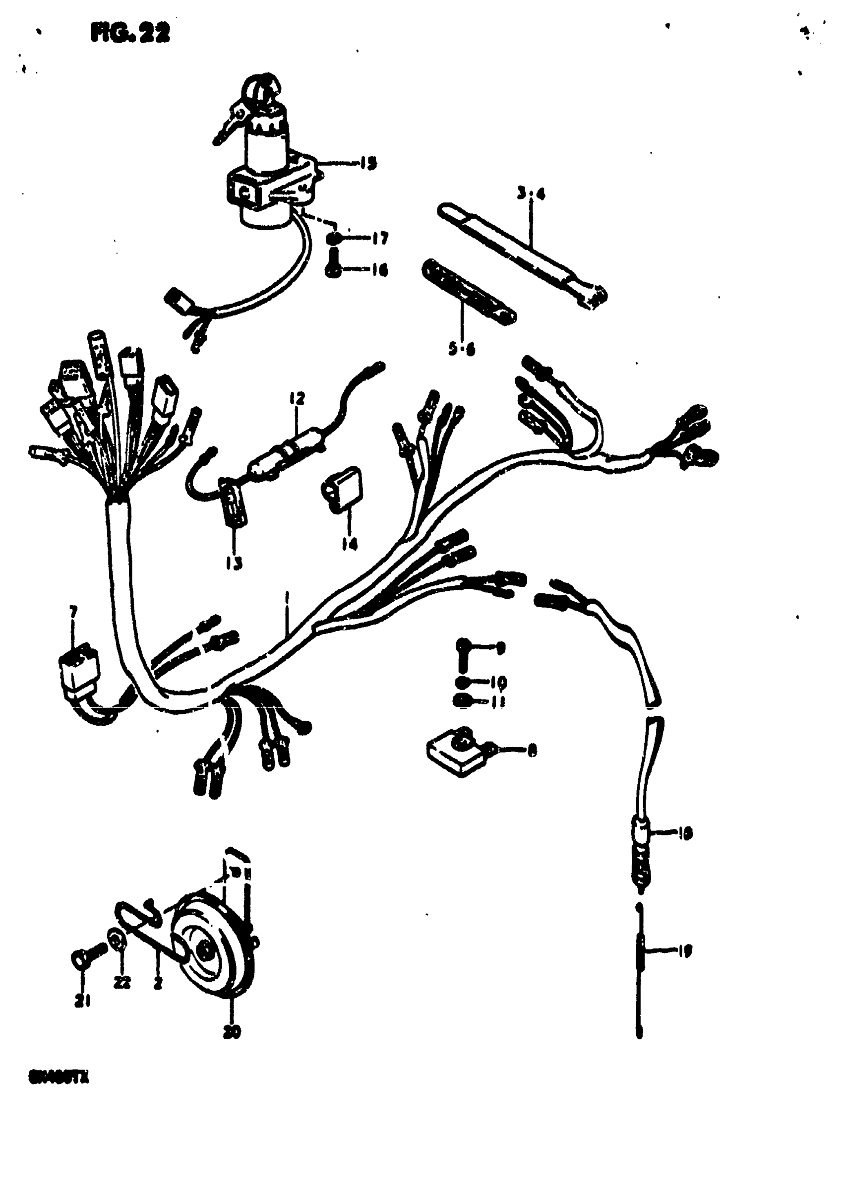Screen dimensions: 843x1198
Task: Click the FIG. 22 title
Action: [x=130, y=33]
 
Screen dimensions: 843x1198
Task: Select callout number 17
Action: [x=380, y=239]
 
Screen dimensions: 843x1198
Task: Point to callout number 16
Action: [x=380, y=270]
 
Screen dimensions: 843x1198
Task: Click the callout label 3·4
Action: [x=531, y=194]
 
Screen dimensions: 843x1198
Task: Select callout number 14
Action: [x=349, y=545]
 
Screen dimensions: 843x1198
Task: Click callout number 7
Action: [x=73, y=611]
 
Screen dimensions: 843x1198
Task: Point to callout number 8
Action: [x=532, y=751]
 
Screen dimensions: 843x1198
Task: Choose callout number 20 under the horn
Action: [x=232, y=1032]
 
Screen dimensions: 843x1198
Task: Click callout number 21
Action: [x=82, y=1000]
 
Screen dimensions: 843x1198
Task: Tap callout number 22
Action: [x=121, y=983]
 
